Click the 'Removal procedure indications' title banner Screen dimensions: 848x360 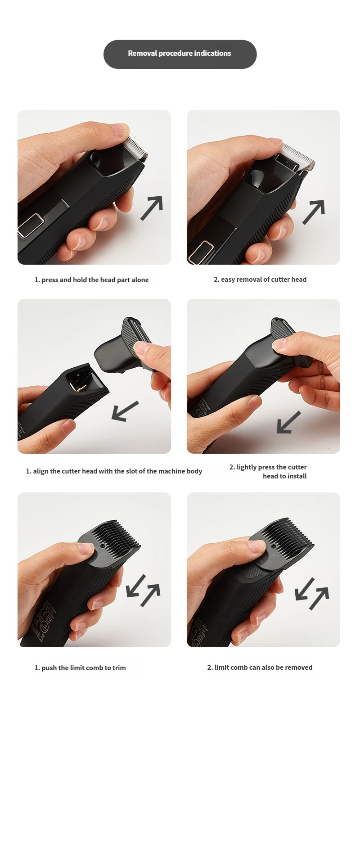tap(180, 54)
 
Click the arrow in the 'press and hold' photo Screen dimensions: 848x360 tap(152, 208)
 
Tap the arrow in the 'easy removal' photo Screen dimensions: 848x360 tap(314, 212)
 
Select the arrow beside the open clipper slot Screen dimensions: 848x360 tap(125, 411)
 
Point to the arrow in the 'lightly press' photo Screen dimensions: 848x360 tap(288, 422)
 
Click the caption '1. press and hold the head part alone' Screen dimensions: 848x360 tap(91, 280)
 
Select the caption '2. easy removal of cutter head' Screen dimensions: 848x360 tap(260, 279)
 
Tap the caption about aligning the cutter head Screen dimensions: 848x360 tap(114, 471)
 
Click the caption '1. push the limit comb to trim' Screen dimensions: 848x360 tap(80, 668)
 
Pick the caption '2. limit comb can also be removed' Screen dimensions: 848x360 tap(260, 667)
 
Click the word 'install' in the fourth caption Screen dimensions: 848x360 tap(297, 476)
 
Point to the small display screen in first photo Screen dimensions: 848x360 tap(31, 225)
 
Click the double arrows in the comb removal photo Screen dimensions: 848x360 tap(312, 594)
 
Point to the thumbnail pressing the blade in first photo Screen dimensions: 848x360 tap(121, 130)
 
